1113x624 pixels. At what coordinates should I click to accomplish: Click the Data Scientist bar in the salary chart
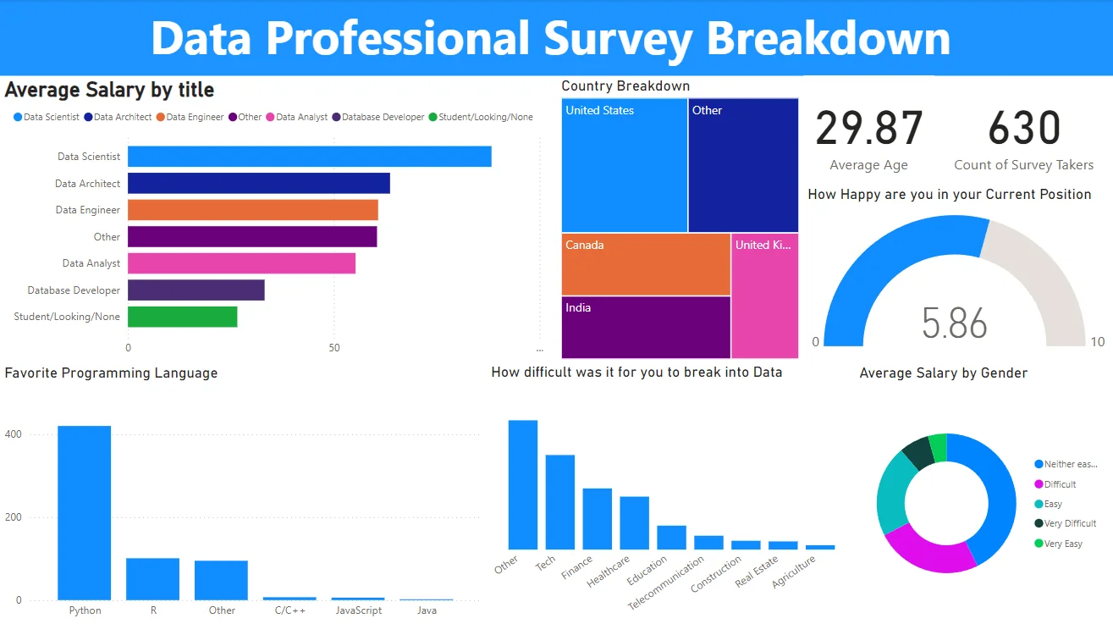[x=309, y=157]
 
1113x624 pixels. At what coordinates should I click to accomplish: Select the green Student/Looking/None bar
[x=182, y=317]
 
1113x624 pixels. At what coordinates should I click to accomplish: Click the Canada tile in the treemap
[x=646, y=264]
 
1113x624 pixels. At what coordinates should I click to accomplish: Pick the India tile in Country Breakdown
[x=646, y=327]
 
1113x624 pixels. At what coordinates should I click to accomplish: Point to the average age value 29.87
[x=868, y=129]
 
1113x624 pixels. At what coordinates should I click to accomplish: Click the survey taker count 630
[x=1024, y=129]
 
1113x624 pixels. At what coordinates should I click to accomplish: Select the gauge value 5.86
[x=955, y=323]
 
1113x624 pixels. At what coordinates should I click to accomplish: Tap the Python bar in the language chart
[x=84, y=512]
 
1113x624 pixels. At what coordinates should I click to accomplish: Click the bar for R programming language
[x=152, y=578]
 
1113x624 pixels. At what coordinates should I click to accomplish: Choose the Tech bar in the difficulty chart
[x=559, y=502]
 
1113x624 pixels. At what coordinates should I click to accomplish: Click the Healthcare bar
[x=634, y=522]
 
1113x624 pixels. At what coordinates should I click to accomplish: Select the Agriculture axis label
[x=795, y=572]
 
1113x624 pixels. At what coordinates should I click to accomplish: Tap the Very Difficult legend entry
[x=1070, y=523]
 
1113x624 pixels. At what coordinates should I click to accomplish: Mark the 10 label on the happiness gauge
[x=1098, y=342]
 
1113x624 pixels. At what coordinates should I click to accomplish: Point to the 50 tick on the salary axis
[x=334, y=348]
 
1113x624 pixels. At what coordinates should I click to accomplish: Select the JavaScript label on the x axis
[x=358, y=610]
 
